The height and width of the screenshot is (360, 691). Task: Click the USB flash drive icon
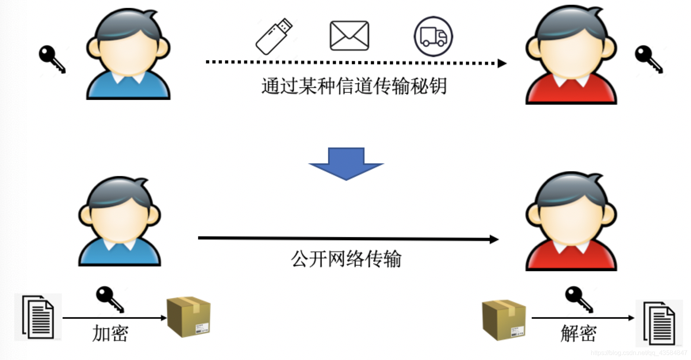[x=274, y=36]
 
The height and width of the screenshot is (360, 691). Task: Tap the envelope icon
[x=349, y=36]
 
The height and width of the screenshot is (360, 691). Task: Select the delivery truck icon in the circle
[x=433, y=36]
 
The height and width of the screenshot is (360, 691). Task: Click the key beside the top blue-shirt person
[x=52, y=59]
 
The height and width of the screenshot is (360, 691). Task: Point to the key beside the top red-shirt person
[x=648, y=59]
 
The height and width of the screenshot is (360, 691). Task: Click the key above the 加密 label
[x=110, y=299]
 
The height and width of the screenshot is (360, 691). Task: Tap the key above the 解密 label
[x=579, y=299]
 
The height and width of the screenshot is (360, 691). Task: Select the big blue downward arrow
[x=346, y=163]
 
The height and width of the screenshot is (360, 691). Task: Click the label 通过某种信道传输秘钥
[x=354, y=86]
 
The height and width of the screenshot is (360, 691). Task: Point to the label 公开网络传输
[x=346, y=259]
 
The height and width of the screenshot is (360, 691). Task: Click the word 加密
[x=110, y=333]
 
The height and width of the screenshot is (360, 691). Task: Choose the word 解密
[x=578, y=333]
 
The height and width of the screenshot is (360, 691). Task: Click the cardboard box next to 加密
[x=188, y=316]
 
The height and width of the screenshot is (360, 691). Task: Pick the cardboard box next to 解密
[x=504, y=320]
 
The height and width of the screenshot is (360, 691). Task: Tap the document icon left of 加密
[x=38, y=317]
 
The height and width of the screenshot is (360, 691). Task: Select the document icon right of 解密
[x=659, y=323]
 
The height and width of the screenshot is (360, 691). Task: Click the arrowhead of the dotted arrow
[x=502, y=63]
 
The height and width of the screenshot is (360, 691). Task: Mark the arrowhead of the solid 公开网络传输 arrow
[x=494, y=239]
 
